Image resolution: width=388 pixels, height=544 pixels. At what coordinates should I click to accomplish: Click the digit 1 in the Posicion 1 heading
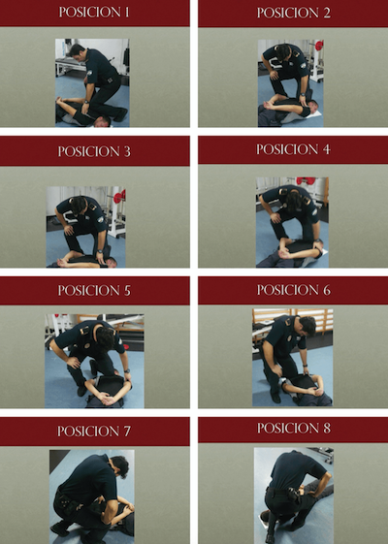pyautogui.click(x=127, y=13)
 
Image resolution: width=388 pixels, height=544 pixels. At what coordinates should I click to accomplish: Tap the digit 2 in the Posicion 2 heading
pyautogui.click(x=326, y=13)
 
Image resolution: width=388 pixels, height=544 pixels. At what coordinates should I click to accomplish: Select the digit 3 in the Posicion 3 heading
pyautogui.click(x=127, y=151)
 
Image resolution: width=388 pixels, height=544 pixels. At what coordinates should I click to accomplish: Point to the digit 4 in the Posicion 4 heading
pyautogui.click(x=326, y=149)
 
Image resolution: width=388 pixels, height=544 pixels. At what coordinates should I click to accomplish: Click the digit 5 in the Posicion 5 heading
pyautogui.click(x=127, y=291)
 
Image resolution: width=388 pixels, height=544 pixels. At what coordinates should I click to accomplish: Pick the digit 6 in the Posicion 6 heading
pyautogui.click(x=327, y=290)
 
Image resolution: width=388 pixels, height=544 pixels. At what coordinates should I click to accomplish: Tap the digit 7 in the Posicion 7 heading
pyautogui.click(x=127, y=432)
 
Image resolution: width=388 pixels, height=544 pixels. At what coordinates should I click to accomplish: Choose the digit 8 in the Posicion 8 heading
pyautogui.click(x=327, y=429)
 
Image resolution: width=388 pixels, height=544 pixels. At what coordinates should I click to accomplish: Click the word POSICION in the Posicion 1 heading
pyautogui.click(x=90, y=13)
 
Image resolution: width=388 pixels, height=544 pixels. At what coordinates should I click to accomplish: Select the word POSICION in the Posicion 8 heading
pyautogui.click(x=288, y=429)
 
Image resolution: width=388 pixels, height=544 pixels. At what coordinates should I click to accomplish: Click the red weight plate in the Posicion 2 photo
pyautogui.click(x=319, y=46)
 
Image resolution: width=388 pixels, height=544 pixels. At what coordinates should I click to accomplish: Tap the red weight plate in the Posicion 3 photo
pyautogui.click(x=119, y=198)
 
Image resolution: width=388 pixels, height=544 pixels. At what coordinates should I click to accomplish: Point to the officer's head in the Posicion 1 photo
pyautogui.click(x=78, y=52)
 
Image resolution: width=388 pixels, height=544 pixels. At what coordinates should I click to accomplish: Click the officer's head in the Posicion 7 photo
pyautogui.click(x=119, y=466)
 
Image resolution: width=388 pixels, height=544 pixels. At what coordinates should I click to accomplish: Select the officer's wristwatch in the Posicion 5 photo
pyautogui.click(x=127, y=370)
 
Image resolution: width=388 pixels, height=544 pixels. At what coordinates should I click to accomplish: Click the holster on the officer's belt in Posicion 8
pyautogui.click(x=293, y=496)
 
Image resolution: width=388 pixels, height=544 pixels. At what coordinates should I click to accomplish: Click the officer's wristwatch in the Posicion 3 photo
pyautogui.click(x=100, y=251)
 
